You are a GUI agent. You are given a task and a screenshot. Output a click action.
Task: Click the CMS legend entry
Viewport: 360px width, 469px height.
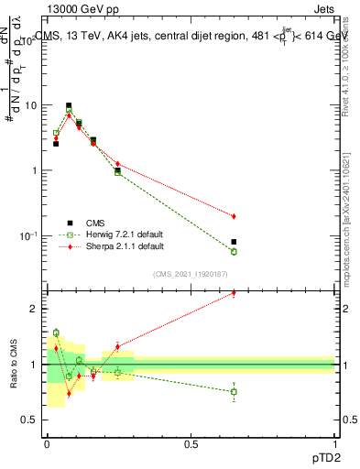[95, 223]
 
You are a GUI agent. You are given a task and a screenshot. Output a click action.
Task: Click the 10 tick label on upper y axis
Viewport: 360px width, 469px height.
[29, 105]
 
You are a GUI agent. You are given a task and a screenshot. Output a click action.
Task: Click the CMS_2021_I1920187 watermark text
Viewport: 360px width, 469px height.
[191, 273]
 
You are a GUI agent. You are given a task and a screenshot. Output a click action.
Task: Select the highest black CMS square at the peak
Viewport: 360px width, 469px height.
[69, 106]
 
